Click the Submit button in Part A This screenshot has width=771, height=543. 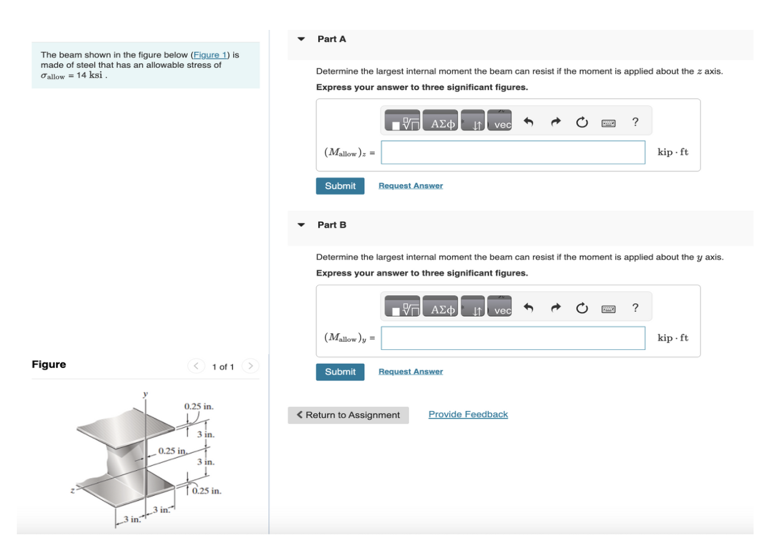click(x=340, y=186)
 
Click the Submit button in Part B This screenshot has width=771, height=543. click(x=340, y=372)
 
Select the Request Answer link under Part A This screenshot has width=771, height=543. click(x=410, y=186)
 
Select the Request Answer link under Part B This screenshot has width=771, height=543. click(x=410, y=372)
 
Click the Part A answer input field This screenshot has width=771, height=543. click(x=513, y=153)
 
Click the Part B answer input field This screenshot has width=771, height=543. click(x=513, y=338)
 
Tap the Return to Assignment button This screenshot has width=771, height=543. click(x=348, y=415)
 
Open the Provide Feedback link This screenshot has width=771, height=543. click(x=468, y=415)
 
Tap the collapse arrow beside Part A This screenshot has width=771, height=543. click(x=301, y=39)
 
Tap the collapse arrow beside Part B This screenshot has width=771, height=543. click(x=301, y=225)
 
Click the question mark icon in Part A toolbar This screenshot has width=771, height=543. click(x=635, y=122)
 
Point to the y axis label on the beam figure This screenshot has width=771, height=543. click(x=146, y=394)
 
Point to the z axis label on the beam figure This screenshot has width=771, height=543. click(x=73, y=491)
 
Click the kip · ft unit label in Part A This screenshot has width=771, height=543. click(x=673, y=153)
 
